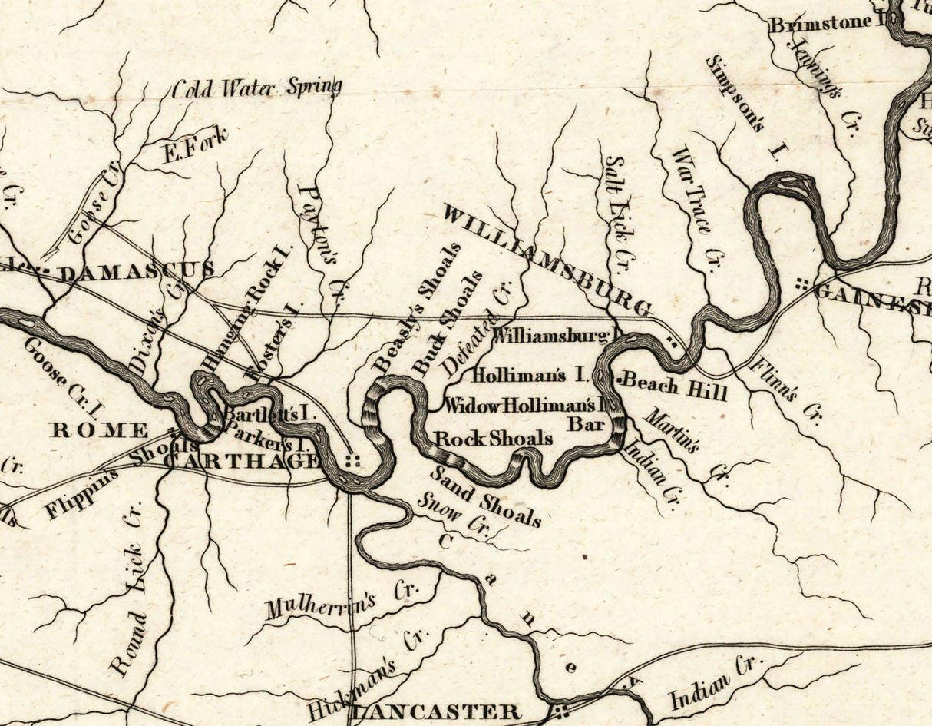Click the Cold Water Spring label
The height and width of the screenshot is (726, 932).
[x=256, y=88]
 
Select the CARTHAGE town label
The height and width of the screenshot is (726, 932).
[x=241, y=460]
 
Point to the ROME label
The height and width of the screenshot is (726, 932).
[x=99, y=429]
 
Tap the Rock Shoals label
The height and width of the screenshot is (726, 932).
[x=494, y=439]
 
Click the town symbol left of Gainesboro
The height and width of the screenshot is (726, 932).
[x=803, y=283]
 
